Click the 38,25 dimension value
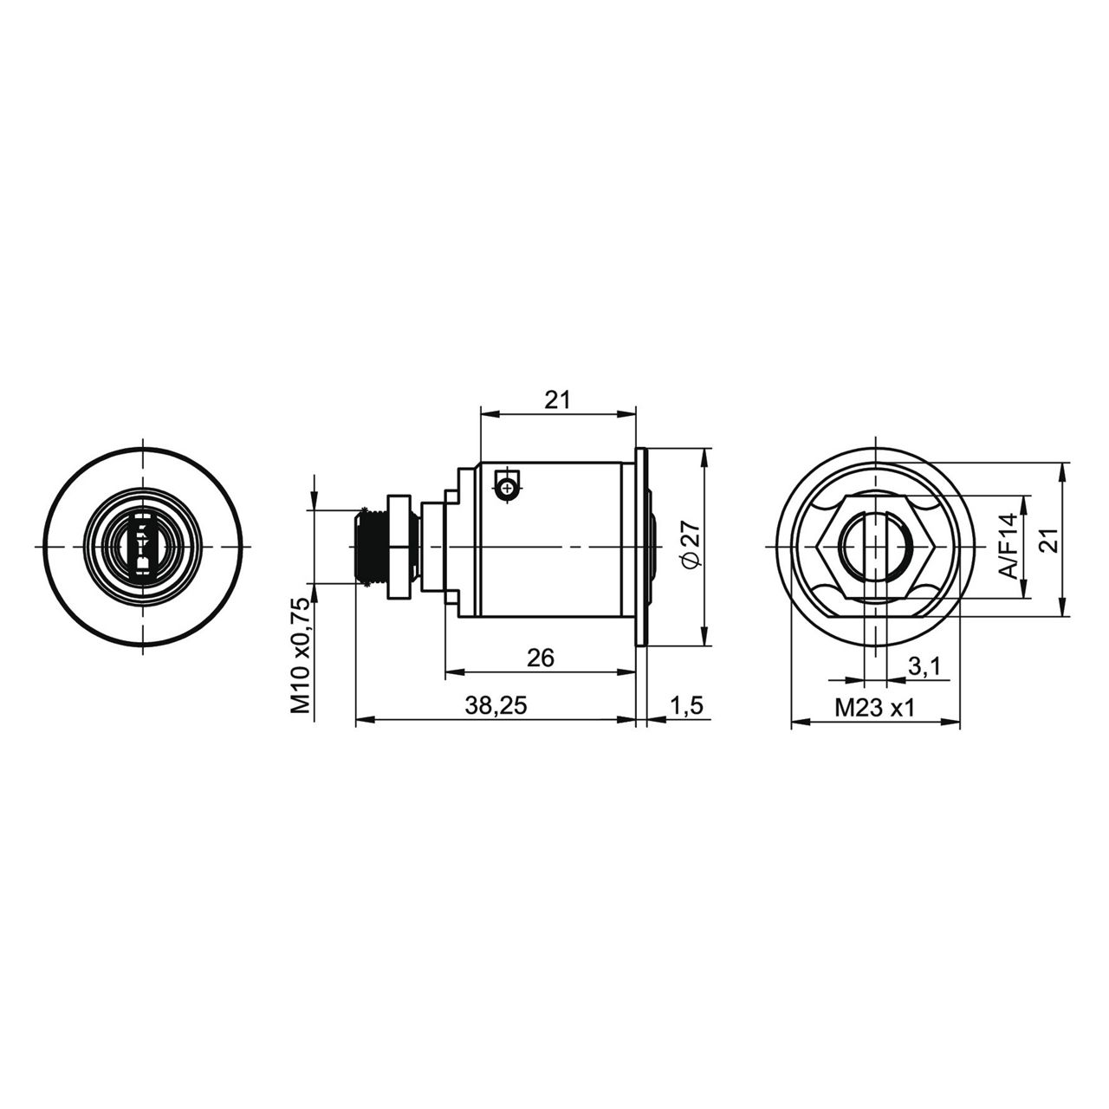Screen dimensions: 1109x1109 pos(496,705)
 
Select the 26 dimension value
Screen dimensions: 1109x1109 pos(541,657)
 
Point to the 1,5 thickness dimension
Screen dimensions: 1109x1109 pos(686,705)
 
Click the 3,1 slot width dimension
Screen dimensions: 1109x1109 pos(924,667)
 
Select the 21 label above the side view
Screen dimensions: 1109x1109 pos(557,400)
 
